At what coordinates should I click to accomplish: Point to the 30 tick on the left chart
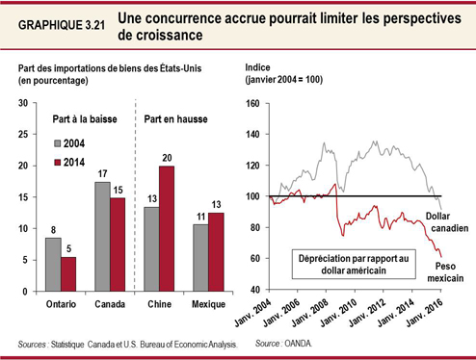click(x=22, y=103)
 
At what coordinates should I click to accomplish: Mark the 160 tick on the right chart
click(x=254, y=103)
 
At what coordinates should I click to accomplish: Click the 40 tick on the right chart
click(x=257, y=290)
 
